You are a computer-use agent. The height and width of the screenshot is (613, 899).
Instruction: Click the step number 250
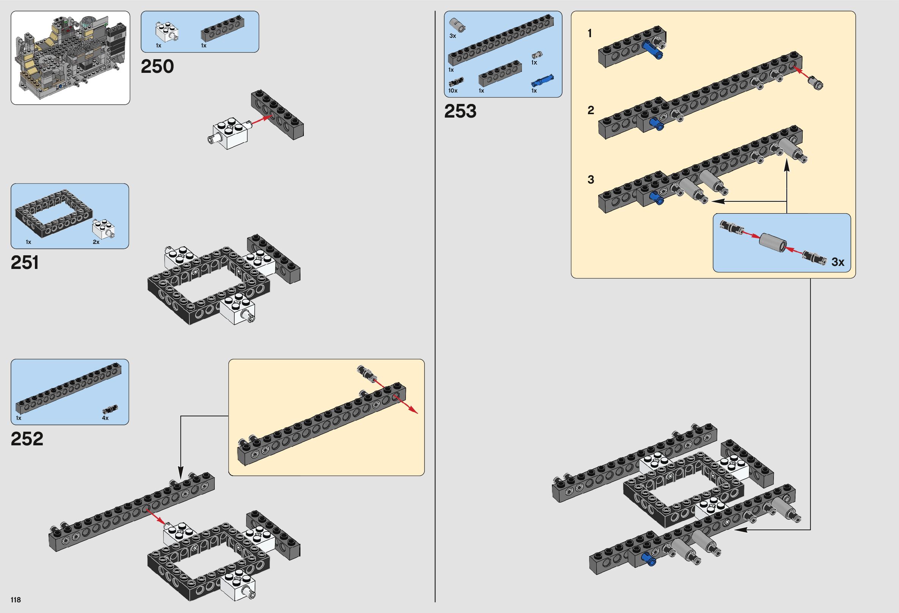(157, 66)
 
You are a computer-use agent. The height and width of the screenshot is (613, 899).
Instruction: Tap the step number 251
(25, 263)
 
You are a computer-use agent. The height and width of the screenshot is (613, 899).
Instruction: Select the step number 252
(27, 439)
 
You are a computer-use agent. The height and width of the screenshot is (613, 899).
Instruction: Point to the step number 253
(460, 112)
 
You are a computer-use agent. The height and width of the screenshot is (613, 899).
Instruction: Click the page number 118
(16, 600)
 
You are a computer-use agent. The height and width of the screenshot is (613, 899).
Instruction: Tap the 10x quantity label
(453, 91)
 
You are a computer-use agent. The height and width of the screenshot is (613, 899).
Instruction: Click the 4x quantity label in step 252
(105, 418)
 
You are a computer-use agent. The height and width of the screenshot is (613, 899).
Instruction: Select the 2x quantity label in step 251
(96, 242)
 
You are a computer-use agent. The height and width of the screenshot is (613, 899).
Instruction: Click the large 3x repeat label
(838, 262)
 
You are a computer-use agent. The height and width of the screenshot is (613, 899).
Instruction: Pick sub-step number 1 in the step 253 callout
(589, 34)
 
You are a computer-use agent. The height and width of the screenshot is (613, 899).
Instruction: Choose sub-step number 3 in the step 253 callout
(590, 180)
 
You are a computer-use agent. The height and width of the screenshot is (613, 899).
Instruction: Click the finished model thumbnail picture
(71, 58)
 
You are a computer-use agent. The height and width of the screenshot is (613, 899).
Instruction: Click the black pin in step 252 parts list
(110, 409)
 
